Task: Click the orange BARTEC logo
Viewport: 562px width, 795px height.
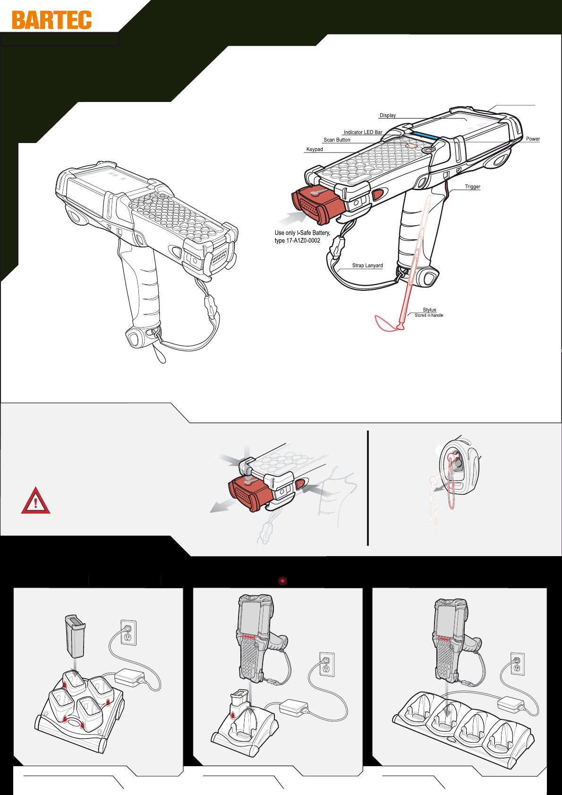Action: pos(52,20)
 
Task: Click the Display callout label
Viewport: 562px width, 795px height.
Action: pos(388,115)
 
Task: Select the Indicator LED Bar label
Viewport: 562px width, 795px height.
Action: pos(363,132)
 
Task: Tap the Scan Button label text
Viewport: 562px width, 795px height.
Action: pos(337,140)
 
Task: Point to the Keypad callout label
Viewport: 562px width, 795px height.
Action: pos(315,150)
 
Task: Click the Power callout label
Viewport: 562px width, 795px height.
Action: pos(533,139)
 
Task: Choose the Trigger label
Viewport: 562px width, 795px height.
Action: pos(473,186)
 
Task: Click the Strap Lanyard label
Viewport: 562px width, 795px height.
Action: pos(367,265)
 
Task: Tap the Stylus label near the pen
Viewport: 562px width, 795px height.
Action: pos(429,310)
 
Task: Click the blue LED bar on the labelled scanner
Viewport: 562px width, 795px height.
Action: pos(425,135)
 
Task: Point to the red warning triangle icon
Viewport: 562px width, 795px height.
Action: pos(35,501)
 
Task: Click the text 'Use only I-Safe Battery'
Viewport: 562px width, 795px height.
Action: pos(302,233)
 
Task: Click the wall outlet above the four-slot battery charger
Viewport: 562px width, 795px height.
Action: pos(128,633)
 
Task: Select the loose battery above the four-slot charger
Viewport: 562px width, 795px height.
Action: pos(75,636)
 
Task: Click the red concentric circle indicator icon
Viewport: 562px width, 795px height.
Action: pos(282,581)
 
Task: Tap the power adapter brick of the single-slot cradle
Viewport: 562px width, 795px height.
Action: pos(293,707)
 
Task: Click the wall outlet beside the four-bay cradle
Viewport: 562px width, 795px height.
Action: pos(517,664)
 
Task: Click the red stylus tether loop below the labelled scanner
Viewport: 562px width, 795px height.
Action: pos(388,324)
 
